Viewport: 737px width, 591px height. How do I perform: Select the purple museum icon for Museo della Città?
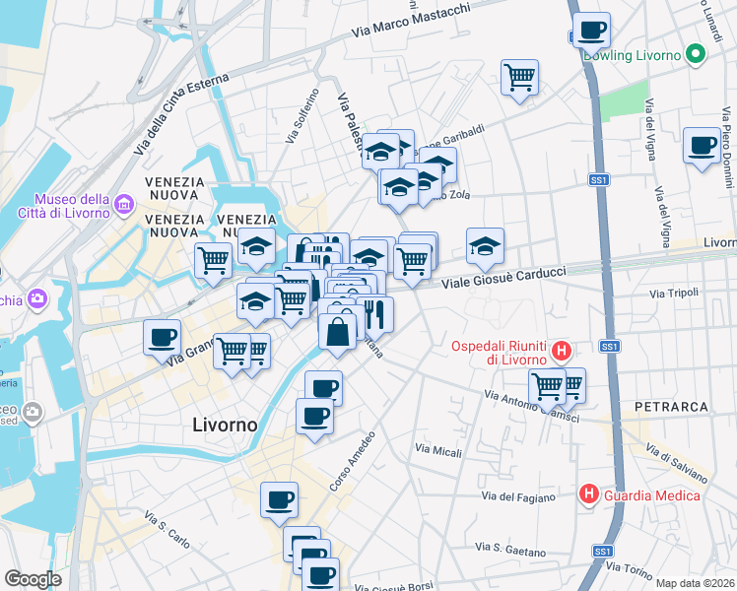click(x=124, y=204)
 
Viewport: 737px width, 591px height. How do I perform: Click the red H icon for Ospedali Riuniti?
click(x=561, y=350)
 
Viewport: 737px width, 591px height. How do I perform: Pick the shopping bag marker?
click(x=338, y=331)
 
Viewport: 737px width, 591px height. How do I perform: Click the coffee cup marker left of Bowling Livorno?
click(x=591, y=31)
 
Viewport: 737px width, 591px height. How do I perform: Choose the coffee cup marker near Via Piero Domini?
click(x=702, y=146)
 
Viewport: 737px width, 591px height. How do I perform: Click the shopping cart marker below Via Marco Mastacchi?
click(x=519, y=76)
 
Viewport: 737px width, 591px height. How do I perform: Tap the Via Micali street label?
click(x=438, y=450)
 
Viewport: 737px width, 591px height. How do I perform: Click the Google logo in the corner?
click(x=33, y=578)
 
